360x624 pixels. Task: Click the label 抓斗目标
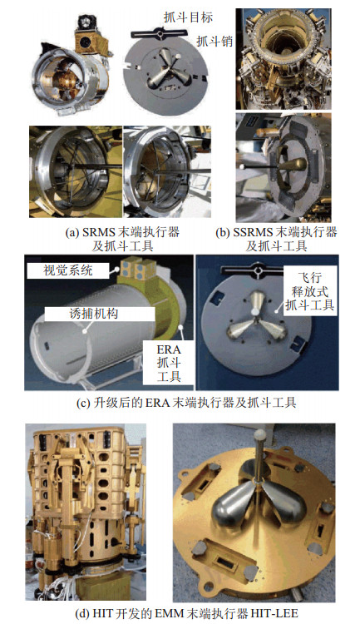[188, 17]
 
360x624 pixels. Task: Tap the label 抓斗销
[215, 41]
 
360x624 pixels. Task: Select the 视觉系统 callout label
[68, 270]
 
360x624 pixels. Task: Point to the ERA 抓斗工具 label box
[169, 363]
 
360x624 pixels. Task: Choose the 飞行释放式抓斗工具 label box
[310, 291]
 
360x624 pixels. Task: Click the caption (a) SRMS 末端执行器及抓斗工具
[122, 239]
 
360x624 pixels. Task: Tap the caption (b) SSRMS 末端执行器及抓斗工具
[276, 239]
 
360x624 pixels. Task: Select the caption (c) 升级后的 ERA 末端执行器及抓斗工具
[186, 403]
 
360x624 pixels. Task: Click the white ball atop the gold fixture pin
[260, 434]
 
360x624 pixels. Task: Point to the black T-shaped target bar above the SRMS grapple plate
[159, 33]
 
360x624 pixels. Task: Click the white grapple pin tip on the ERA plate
[255, 312]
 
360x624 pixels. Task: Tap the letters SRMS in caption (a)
[100, 232]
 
